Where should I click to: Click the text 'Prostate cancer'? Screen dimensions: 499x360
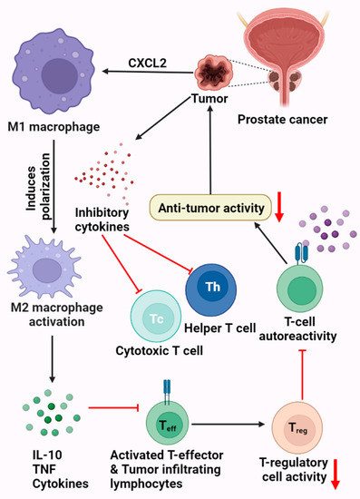(296, 118)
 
